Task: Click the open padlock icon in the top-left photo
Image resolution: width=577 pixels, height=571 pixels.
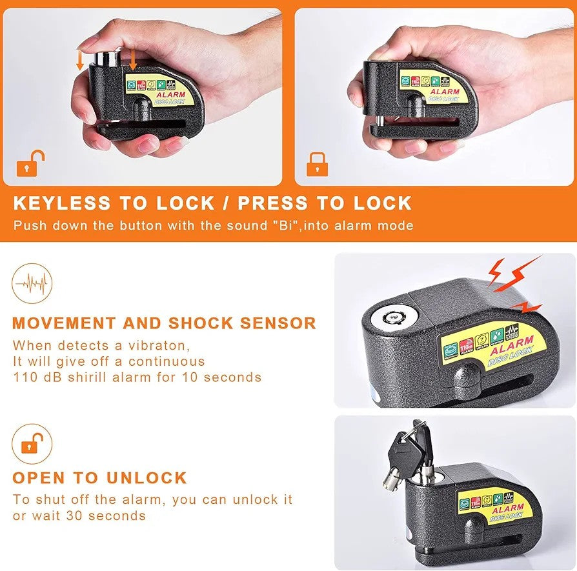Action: tap(30, 164)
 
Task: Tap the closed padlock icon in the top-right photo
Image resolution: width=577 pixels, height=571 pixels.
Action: tap(316, 164)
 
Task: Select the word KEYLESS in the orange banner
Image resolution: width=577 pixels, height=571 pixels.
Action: tap(61, 203)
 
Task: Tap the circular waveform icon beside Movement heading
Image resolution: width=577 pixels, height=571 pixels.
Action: tap(32, 283)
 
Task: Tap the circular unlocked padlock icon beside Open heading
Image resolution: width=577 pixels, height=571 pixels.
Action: tap(32, 443)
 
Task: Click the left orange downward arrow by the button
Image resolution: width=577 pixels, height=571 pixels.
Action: tap(80, 60)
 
